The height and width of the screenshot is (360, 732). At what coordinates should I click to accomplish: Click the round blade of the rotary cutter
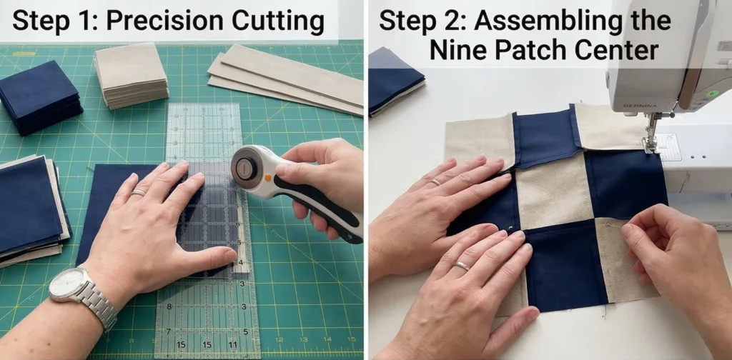247,167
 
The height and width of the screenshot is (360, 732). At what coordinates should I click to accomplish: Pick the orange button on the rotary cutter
268,177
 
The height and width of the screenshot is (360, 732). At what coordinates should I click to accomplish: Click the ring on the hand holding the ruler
139,193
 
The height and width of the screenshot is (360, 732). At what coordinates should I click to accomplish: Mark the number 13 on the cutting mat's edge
303,340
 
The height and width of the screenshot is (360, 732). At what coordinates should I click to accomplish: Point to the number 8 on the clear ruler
169,307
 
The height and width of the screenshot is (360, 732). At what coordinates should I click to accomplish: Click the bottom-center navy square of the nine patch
566,265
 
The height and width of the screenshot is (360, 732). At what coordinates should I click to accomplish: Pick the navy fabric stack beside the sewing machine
396,81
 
